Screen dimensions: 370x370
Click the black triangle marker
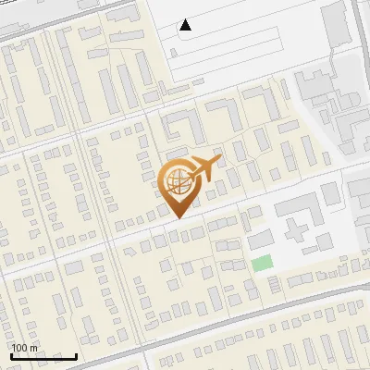185,25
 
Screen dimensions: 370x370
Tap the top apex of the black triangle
185,19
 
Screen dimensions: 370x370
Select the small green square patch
263,263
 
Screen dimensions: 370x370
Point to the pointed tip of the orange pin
179,218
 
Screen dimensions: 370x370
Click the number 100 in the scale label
20,348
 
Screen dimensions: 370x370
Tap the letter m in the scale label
34,348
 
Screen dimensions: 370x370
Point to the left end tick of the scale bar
10,355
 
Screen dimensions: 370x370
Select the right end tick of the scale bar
77,355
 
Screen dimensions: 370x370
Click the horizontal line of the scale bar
43,357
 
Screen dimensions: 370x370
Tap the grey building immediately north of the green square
261,240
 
